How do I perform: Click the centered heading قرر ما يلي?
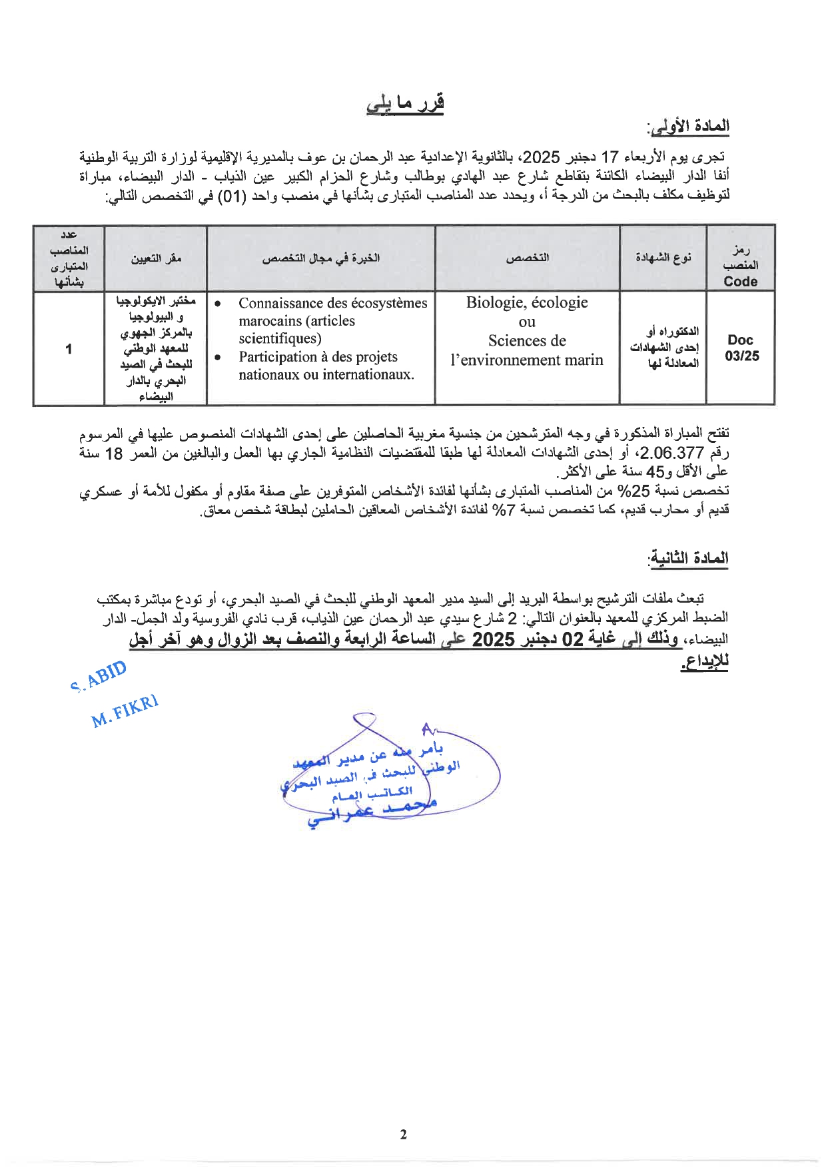coord(405,105)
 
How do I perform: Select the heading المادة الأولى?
coord(688,127)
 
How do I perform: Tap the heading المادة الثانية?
coord(689,558)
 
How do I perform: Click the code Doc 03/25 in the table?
coord(741,348)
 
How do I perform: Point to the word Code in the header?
coord(741,282)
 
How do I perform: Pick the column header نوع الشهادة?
coord(663,258)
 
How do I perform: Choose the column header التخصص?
coord(527,258)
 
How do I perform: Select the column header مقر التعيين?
coord(156,258)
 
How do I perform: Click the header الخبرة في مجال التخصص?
coord(320,258)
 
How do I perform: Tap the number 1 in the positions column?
coord(69,349)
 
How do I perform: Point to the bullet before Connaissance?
coord(218,304)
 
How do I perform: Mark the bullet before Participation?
coord(218,358)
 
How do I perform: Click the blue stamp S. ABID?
coord(98,676)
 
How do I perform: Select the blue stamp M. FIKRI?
coord(125,711)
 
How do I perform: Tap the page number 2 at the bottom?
coord(403,1135)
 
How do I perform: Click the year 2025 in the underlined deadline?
coord(494,640)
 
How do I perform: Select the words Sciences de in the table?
coord(527,341)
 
